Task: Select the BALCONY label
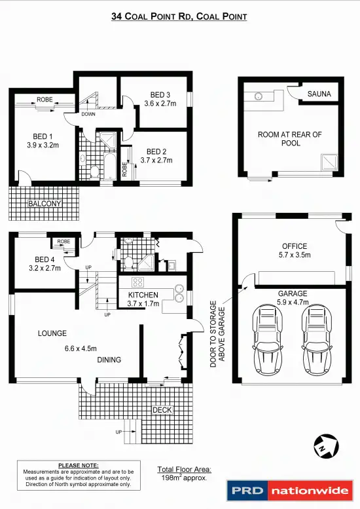coord(45,204)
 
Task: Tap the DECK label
coord(162,410)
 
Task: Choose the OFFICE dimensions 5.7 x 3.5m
coord(291,255)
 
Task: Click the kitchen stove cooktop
coord(138,282)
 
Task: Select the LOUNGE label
coord(52,333)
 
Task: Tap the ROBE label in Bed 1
coord(45,100)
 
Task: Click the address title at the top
coord(179,16)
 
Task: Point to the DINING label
coord(110,360)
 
